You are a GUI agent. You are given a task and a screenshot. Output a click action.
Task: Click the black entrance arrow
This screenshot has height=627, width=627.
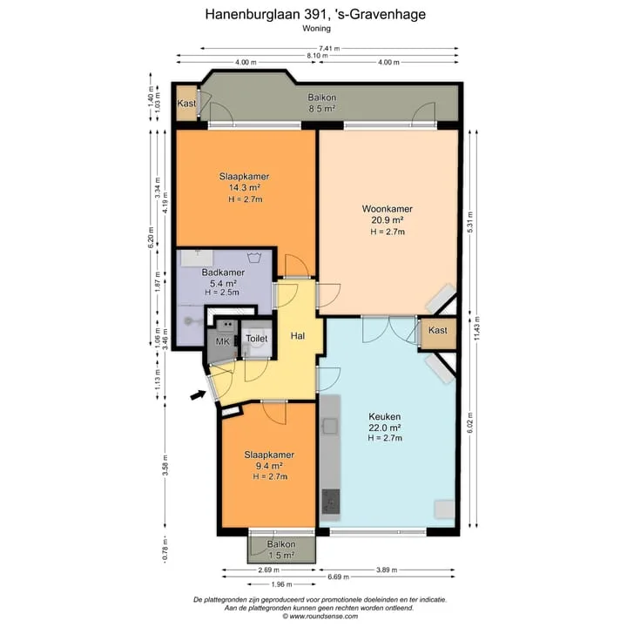pyautogui.click(x=198, y=395)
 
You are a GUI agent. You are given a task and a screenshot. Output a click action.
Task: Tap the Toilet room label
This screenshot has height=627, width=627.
pyautogui.click(x=257, y=339)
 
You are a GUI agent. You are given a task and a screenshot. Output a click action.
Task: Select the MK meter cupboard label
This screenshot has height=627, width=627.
pyautogui.click(x=223, y=341)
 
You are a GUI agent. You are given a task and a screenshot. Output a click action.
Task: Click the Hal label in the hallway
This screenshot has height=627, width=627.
pyautogui.click(x=298, y=336)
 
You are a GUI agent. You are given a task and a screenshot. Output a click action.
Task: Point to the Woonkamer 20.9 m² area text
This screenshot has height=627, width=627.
pyautogui.click(x=387, y=220)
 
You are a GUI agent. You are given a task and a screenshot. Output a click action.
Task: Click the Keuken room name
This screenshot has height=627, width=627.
pyautogui.click(x=385, y=416)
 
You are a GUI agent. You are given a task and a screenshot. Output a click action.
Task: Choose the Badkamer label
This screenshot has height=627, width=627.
pyautogui.click(x=223, y=273)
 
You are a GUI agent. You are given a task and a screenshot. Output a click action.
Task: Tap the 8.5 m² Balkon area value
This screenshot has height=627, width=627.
pyautogui.click(x=322, y=108)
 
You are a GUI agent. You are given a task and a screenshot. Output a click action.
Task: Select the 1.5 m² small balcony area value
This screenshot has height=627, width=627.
pyautogui.click(x=281, y=555)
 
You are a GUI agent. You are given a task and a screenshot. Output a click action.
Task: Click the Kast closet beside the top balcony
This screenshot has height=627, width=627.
pyautogui.click(x=186, y=103)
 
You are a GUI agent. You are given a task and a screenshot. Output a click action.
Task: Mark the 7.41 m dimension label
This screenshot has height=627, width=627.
pyautogui.click(x=329, y=49)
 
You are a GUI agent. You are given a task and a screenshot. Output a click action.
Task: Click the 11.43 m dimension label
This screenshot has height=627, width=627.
pyautogui.click(x=476, y=328)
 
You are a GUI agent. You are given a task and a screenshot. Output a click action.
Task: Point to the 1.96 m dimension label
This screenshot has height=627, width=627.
pyautogui.click(x=281, y=584)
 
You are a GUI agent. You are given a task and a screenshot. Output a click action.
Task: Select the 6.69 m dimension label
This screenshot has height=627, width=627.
pyautogui.click(x=338, y=576)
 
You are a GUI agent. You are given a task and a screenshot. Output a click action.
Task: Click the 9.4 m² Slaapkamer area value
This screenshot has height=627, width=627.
pyautogui.click(x=269, y=466)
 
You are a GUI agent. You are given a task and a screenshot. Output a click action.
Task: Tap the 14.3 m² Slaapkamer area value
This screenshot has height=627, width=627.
pyautogui.click(x=245, y=187)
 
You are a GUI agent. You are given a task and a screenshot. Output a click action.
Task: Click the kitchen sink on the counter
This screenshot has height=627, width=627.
pyautogui.click(x=331, y=426)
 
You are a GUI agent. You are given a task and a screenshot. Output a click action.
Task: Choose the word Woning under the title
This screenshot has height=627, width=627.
pyautogui.click(x=316, y=29)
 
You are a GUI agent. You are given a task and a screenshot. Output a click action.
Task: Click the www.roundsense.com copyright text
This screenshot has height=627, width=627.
pyautogui.click(x=320, y=617)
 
